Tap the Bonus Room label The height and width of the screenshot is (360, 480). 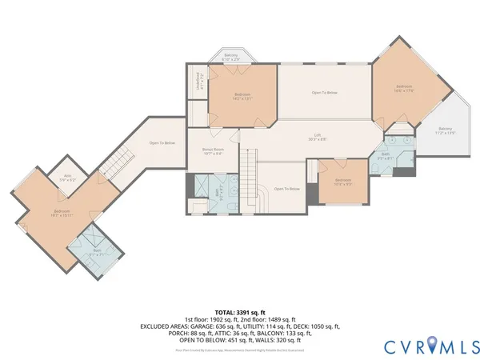click(x=212, y=152)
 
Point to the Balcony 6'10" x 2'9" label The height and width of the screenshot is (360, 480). click(x=230, y=58)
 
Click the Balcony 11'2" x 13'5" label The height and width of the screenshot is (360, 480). click(x=445, y=131)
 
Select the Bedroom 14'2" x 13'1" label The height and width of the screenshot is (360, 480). click(x=242, y=97)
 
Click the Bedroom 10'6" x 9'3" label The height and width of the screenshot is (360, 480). click(x=343, y=182)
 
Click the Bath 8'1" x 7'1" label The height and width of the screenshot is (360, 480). click(x=97, y=253)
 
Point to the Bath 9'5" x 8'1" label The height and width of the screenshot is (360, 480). click(x=385, y=156)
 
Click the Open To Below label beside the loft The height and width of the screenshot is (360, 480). click(x=324, y=94)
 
